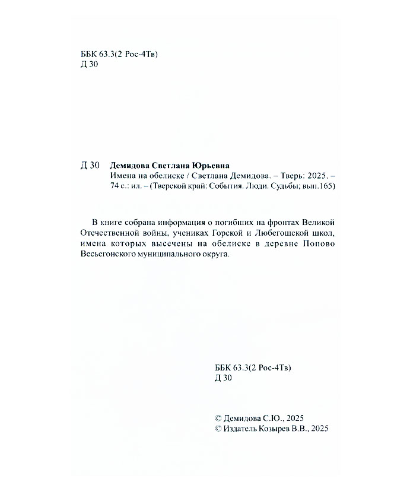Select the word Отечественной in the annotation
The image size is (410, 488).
(108, 232)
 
